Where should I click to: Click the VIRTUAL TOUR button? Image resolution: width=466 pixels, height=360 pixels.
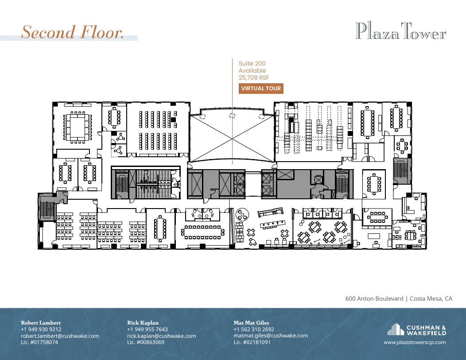[x=260, y=89]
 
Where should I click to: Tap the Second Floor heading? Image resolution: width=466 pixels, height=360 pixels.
[x=73, y=32]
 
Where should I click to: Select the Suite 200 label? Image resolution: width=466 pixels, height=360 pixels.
[x=252, y=64]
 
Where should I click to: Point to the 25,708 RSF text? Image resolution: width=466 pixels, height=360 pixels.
[x=254, y=77]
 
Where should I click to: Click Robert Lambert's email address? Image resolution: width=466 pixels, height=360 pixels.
[x=60, y=336]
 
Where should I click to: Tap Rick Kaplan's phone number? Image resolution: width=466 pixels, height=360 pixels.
[x=148, y=329]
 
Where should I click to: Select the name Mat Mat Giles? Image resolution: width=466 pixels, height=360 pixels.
[x=251, y=323]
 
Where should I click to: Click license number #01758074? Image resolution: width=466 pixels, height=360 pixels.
[x=39, y=342]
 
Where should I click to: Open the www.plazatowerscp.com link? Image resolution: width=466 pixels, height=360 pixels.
[x=415, y=342]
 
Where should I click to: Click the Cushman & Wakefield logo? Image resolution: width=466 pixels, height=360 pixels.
[x=416, y=330]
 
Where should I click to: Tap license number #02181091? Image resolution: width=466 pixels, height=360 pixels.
[x=252, y=342]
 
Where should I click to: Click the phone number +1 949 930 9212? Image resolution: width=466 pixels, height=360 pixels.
[x=41, y=329]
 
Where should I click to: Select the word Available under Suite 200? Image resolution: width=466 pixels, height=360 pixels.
[x=252, y=70]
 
